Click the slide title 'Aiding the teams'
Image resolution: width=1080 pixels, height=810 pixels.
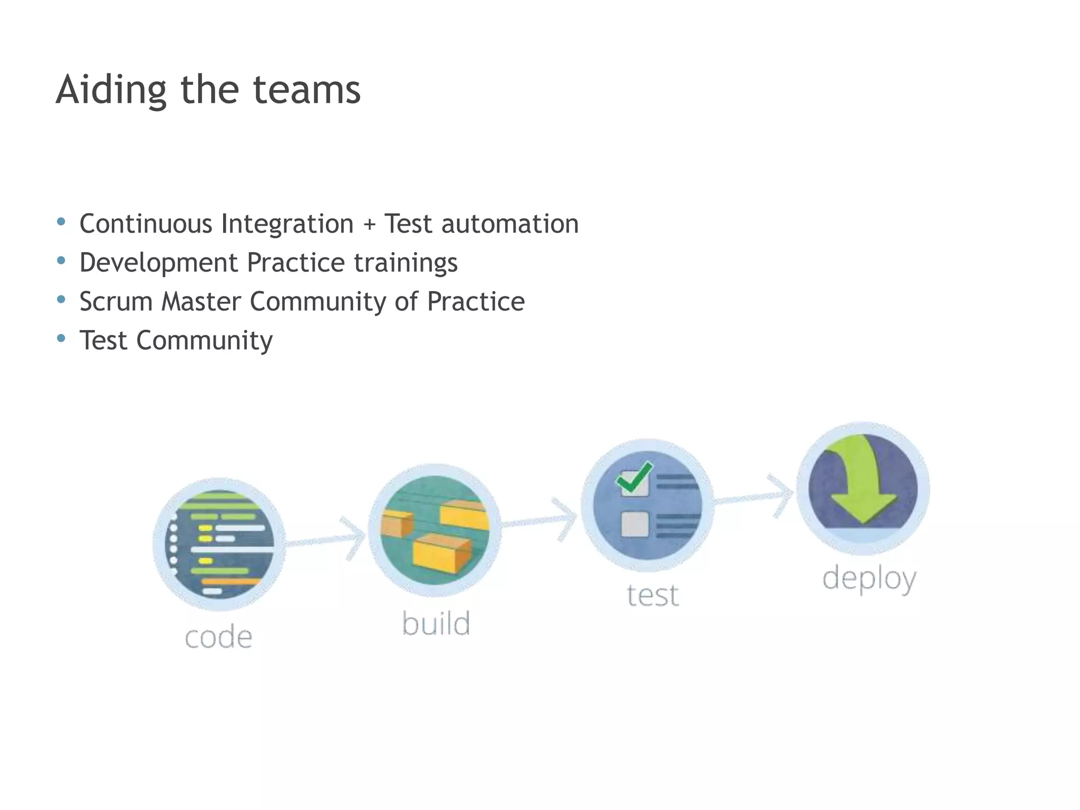[208, 90]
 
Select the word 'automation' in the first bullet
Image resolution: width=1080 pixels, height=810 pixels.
[509, 224]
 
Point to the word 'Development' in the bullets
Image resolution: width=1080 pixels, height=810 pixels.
[158, 263]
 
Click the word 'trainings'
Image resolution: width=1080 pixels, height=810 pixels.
[405, 263]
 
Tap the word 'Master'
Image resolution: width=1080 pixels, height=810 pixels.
[200, 302]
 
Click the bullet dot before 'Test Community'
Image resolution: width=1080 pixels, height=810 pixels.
[61, 338]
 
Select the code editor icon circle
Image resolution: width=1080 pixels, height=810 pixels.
[219, 544]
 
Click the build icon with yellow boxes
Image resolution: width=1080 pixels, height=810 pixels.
[435, 530]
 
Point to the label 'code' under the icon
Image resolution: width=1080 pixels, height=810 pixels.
[218, 637]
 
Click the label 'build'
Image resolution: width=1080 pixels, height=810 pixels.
[436, 623]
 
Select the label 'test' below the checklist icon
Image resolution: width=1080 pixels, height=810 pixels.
[652, 595]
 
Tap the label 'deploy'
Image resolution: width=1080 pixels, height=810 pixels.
[869, 578]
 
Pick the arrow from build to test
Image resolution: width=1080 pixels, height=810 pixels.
[541, 520]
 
